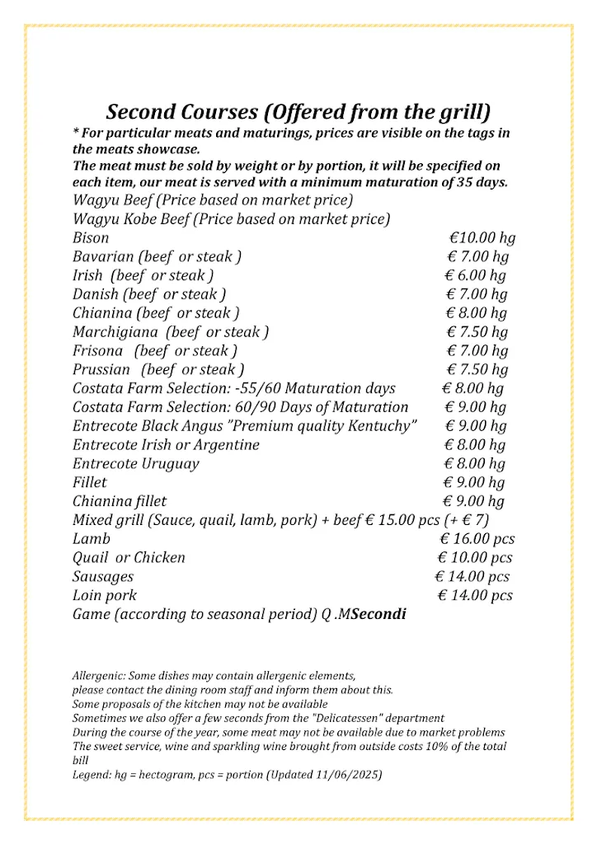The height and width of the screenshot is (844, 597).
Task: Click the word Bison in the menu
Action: click(x=91, y=238)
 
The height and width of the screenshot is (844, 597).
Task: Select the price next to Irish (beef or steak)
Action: click(x=476, y=276)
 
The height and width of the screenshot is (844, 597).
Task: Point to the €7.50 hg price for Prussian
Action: click(x=477, y=369)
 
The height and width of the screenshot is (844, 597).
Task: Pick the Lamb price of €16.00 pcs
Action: click(x=477, y=539)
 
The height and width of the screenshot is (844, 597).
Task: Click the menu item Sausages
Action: click(x=103, y=576)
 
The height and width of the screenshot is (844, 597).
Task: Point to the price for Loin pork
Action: click(x=474, y=595)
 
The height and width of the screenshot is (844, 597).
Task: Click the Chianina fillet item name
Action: click(x=120, y=501)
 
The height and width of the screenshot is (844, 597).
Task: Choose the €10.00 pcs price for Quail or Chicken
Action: click(x=476, y=558)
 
